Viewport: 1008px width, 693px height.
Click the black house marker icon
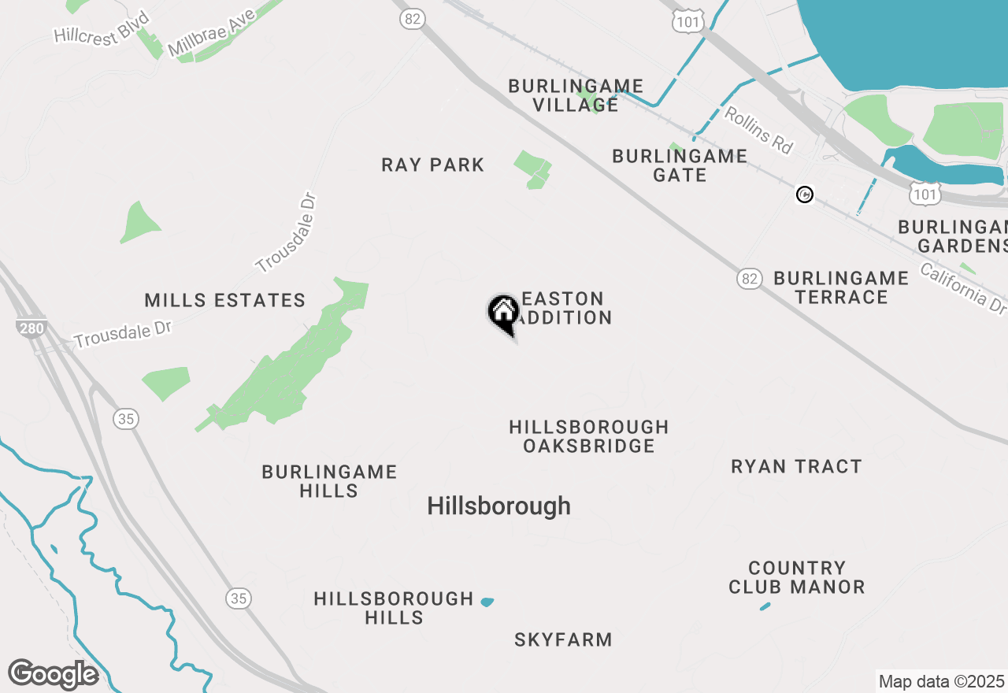(x=504, y=313)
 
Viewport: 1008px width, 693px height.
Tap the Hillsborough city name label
(x=498, y=506)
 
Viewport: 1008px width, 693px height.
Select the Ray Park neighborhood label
(x=432, y=165)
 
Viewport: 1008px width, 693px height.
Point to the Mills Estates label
(x=225, y=300)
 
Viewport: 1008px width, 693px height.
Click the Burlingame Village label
(x=576, y=95)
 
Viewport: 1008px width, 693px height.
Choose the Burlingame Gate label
(x=680, y=165)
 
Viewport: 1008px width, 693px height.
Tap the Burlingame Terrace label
(x=841, y=287)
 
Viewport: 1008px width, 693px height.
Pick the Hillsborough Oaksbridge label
(x=589, y=436)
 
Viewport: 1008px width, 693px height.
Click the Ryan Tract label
(x=796, y=467)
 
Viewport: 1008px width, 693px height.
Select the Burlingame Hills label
(x=329, y=481)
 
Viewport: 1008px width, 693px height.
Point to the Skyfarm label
(x=563, y=640)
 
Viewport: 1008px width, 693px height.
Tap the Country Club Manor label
(x=796, y=577)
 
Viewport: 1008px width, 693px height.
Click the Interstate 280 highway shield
(x=31, y=328)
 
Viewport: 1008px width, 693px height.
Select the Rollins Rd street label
(x=758, y=130)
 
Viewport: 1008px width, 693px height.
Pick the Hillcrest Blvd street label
(x=102, y=30)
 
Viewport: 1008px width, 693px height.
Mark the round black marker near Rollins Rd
(x=804, y=195)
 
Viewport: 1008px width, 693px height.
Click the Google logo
(x=53, y=675)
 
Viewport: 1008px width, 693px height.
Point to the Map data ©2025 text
(x=941, y=681)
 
